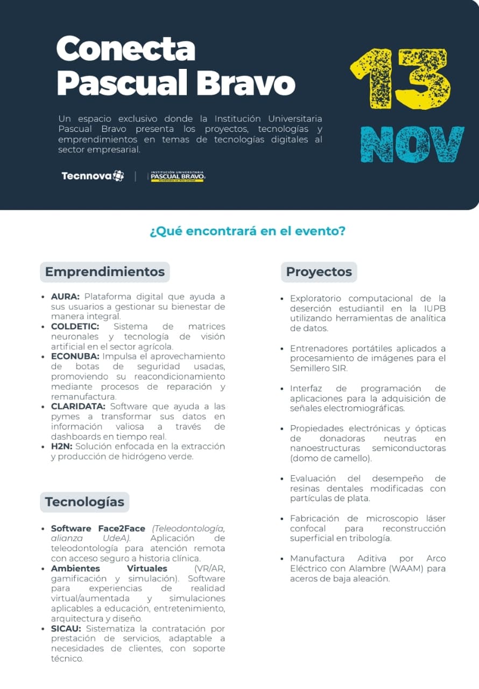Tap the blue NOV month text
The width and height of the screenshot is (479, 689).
pyautogui.click(x=412, y=144)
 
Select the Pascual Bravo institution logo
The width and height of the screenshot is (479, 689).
pyautogui.click(x=177, y=176)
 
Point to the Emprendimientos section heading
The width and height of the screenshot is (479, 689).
pyautogui.click(x=104, y=272)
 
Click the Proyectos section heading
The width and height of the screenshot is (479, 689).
pyautogui.click(x=319, y=272)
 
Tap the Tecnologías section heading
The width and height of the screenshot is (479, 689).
pyautogui.click(x=84, y=502)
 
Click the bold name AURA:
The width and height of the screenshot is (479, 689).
pyautogui.click(x=65, y=297)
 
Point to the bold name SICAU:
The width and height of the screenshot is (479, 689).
pyautogui.click(x=66, y=629)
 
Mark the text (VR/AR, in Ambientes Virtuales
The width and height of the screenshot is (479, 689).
pyautogui.click(x=209, y=568)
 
